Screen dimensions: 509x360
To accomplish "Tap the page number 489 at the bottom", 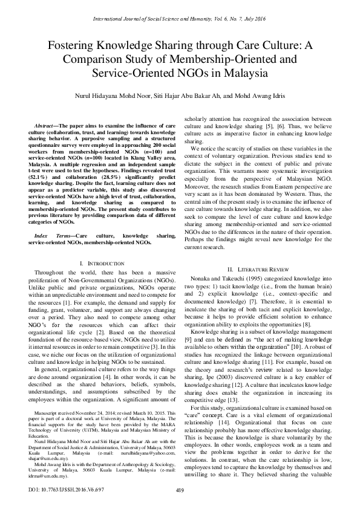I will [180, 490].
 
